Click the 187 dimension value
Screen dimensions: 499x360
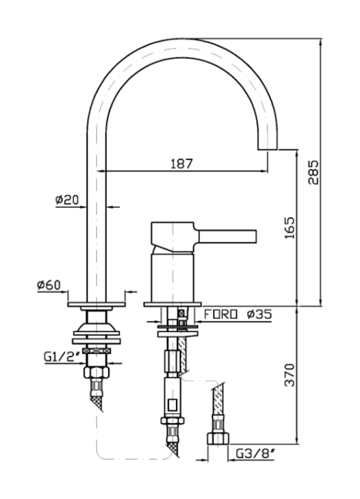[181, 164]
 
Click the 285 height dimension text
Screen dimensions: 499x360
[313, 172]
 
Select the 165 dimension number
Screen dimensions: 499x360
[290, 227]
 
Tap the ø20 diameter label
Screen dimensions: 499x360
[67, 200]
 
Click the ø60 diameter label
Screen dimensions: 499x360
[49, 285]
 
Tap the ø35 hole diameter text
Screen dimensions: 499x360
[258, 314]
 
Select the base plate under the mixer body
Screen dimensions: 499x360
[172, 304]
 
